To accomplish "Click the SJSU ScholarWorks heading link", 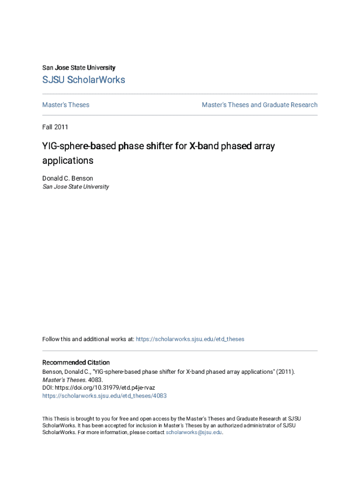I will [x=84, y=80].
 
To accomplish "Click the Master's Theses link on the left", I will [x=65, y=105].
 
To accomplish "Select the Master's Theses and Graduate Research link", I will [x=259, y=105].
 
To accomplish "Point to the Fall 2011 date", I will [x=55, y=127].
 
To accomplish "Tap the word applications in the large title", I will [x=68, y=161].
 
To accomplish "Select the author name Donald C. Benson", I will [x=68, y=178].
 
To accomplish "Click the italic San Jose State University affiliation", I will [x=76, y=187].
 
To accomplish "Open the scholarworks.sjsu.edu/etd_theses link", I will [x=190, y=339].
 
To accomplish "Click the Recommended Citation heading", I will [x=76, y=363].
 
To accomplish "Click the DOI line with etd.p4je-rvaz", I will [x=99, y=388].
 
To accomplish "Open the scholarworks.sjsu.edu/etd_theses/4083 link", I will [x=104, y=396].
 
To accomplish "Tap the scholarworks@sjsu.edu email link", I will [x=194, y=433].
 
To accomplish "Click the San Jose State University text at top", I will [x=79, y=68].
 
